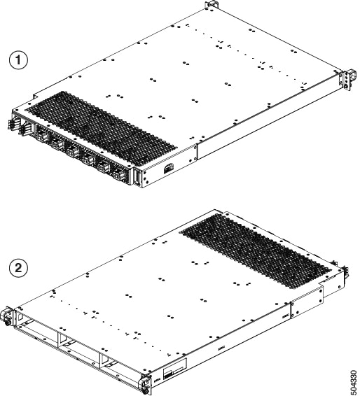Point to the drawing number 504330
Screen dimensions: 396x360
(350, 378)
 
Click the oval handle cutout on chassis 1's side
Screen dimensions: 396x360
(169, 168)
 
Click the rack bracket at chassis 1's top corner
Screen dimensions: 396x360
(210, 6)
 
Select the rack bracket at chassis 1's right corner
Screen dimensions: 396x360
(342, 79)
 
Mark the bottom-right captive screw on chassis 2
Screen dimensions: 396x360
(146, 383)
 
